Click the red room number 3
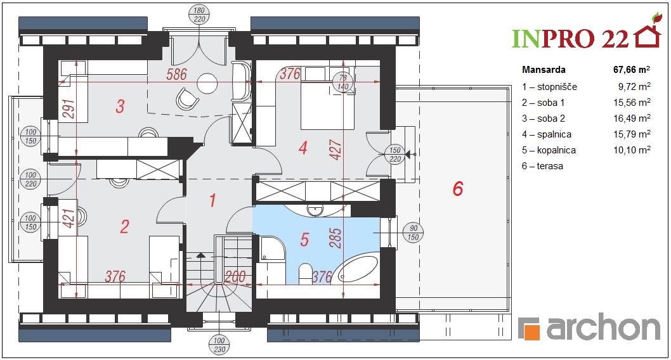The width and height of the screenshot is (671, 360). click(121, 106)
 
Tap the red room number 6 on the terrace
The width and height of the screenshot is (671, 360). click(458, 188)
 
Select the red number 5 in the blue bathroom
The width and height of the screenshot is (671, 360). click(304, 240)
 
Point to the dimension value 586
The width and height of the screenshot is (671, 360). click(177, 74)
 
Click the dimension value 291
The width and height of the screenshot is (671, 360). click(68, 109)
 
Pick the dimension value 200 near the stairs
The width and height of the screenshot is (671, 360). click(235, 276)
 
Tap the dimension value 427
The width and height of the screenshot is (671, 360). click(336, 150)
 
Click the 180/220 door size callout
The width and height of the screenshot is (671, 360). click(199, 15)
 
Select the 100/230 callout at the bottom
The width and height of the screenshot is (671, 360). click(219, 345)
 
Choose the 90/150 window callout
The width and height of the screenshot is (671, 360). click(413, 233)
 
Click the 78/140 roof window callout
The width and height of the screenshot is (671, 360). click(342, 82)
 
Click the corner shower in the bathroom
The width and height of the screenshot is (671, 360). click(272, 248)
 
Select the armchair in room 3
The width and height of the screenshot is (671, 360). click(188, 99)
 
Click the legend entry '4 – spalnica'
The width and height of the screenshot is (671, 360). click(547, 134)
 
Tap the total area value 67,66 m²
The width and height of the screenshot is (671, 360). click(632, 69)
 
